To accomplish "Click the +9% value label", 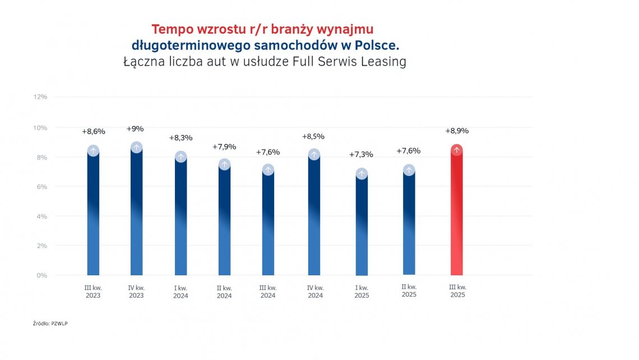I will pyautogui.click(x=135, y=128).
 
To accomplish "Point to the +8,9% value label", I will pyautogui.click(x=457, y=131).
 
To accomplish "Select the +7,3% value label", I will pyautogui.click(x=361, y=154).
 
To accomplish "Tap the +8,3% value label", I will pyautogui.click(x=180, y=137).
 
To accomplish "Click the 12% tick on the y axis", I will pyautogui.click(x=40, y=97).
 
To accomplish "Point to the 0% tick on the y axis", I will pyautogui.click(x=42, y=275).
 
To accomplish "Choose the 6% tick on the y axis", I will pyautogui.click(x=42, y=186).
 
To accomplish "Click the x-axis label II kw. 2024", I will pyautogui.click(x=224, y=292).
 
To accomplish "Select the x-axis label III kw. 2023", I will pyautogui.click(x=93, y=292).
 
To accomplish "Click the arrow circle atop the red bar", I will pyautogui.click(x=457, y=150).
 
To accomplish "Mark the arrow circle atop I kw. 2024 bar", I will pyautogui.click(x=180, y=157).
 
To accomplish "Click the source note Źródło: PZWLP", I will pyautogui.click(x=50, y=324).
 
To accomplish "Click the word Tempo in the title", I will pyautogui.click(x=170, y=29).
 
